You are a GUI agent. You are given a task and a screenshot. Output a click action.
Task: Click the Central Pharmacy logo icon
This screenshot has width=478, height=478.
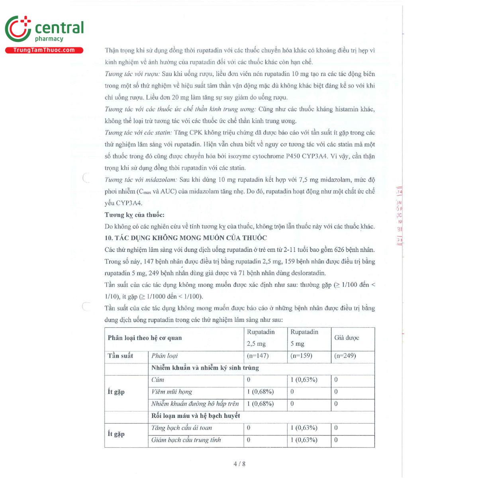point(18,29)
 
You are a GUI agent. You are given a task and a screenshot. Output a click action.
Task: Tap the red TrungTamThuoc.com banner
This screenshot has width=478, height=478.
point(44,50)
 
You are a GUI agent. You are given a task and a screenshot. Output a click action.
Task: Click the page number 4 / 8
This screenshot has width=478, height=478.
point(239,464)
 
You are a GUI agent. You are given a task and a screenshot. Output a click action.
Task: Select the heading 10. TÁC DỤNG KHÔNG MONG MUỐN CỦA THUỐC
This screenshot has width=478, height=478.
point(186,238)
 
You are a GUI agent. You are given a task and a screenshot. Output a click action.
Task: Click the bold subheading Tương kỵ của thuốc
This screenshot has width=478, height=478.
point(134,215)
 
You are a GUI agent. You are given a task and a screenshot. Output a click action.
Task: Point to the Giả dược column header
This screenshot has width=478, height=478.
point(347,338)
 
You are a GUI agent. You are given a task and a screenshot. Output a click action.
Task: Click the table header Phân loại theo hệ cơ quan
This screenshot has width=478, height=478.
point(145,338)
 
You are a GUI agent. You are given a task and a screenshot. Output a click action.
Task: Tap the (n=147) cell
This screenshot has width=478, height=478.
point(258,356)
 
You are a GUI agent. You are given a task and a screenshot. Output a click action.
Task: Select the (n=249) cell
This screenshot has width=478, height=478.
point(345,356)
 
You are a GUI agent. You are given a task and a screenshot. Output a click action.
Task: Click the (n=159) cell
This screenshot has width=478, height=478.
point(301,356)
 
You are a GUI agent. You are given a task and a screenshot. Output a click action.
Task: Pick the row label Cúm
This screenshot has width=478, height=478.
point(158,380)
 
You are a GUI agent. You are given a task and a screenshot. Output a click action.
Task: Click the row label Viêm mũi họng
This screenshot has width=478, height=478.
point(171,392)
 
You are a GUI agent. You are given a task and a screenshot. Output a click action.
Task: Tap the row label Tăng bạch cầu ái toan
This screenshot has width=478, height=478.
point(181,428)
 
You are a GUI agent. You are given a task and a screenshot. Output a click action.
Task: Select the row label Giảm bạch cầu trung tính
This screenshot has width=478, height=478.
point(186,440)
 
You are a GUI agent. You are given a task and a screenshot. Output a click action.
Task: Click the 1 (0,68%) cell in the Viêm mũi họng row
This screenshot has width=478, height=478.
point(261,392)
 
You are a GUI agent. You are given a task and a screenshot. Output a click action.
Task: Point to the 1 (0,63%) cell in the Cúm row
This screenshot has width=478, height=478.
point(304,380)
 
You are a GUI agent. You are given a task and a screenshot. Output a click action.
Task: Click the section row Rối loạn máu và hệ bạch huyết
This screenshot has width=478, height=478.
point(196,415)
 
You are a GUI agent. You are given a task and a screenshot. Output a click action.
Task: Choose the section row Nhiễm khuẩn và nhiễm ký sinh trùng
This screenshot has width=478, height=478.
point(205,368)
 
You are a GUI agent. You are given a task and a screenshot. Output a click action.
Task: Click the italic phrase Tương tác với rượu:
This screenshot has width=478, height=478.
point(132,74)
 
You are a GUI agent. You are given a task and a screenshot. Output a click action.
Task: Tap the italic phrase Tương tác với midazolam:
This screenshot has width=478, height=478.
point(141,180)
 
